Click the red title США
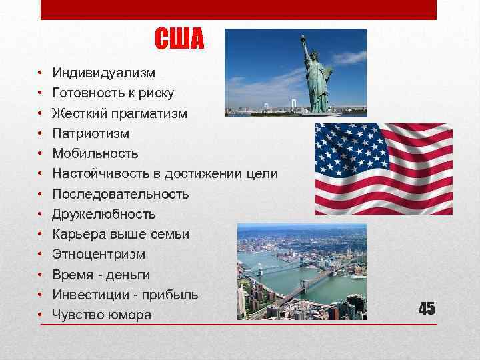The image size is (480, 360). pos(179,40)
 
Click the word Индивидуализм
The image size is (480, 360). pos(103,73)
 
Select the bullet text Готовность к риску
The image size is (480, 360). pos(113,93)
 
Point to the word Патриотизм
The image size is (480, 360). pos(91,133)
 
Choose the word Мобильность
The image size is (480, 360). pos(95,153)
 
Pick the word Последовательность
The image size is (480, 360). pos(120,194)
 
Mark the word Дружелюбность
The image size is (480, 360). pos(103,214)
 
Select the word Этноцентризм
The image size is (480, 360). pos(99,254)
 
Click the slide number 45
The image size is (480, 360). pos(427,308)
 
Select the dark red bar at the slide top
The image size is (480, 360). pos(239,9)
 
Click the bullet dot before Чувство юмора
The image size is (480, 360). pos(41,315)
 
